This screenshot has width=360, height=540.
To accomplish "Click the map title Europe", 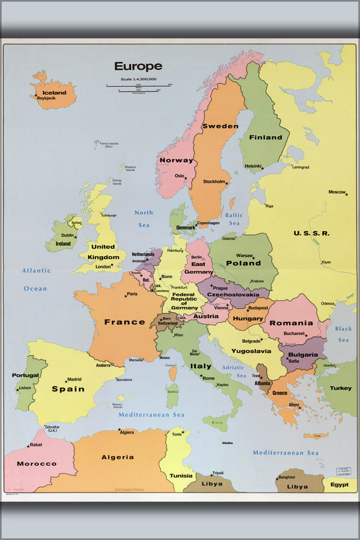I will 138,66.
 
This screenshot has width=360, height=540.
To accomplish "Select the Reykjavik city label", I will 46,99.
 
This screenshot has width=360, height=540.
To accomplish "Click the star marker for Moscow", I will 347,194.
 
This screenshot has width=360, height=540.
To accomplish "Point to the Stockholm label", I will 214,182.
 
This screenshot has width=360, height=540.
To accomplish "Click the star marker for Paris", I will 126,295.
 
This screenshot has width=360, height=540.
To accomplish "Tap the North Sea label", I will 144,218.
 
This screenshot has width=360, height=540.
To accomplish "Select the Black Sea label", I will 343,334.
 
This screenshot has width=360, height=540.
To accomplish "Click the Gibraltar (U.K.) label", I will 52,428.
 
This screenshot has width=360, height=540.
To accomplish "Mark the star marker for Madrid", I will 66,382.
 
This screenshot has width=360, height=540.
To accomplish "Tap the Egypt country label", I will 339,484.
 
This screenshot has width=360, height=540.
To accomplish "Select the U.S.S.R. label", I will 311,233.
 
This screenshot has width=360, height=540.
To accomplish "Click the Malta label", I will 227,443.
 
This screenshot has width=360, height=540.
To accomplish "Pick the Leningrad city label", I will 301,167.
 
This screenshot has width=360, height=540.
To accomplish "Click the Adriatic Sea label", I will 234,371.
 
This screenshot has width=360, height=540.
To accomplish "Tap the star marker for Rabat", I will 28,446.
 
